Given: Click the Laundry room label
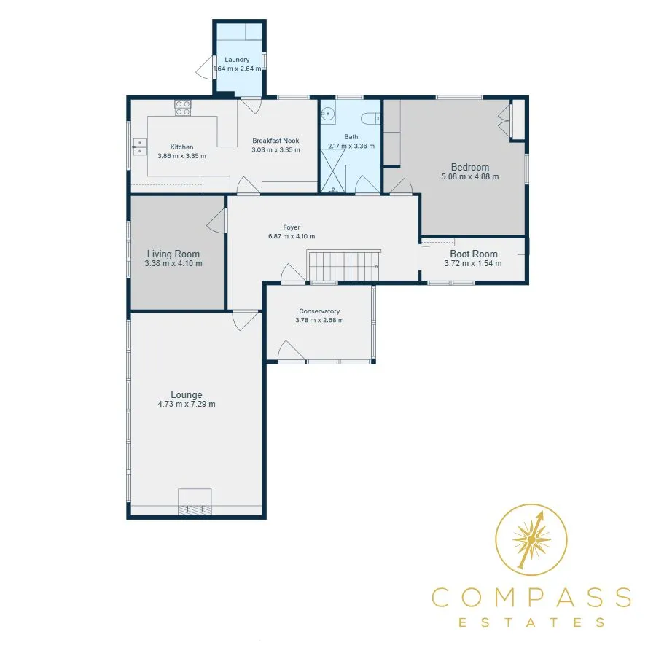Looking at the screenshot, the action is (x=237, y=60).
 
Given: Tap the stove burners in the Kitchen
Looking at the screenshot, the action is (x=183, y=108).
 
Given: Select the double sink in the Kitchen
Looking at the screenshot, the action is (x=139, y=147).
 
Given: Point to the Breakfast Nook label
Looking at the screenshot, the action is (x=276, y=141).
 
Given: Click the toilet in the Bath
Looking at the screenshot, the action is (x=370, y=118).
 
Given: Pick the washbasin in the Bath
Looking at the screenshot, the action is (x=328, y=114).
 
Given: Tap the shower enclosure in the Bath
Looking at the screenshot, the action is (x=333, y=171).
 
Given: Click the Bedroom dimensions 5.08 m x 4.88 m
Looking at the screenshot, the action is (x=470, y=176).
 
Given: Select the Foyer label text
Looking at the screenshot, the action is (x=292, y=227).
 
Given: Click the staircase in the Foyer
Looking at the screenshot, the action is (x=344, y=265).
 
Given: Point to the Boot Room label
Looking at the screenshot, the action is (x=474, y=254).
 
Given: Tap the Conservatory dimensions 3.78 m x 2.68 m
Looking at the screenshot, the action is (x=320, y=320).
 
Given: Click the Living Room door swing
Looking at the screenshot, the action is (x=216, y=221).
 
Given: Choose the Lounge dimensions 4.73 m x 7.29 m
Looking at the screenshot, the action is (x=187, y=404).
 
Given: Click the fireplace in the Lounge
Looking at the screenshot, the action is (x=195, y=501).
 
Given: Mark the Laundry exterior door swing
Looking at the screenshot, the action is (x=205, y=67).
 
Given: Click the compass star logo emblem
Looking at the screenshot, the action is (x=531, y=539).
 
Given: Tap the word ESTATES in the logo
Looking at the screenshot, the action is (x=531, y=622).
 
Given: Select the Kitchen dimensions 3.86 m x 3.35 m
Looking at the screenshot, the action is (x=182, y=156).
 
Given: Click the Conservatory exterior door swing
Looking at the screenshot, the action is (x=292, y=351).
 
